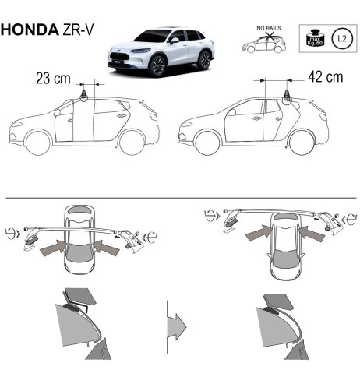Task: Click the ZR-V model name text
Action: click(75, 30)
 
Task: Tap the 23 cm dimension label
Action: click(54, 79)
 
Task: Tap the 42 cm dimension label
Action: click(325, 79)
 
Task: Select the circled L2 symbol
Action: click(340, 37)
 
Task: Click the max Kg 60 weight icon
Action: click(316, 37)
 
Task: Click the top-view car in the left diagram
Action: click(79, 241)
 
